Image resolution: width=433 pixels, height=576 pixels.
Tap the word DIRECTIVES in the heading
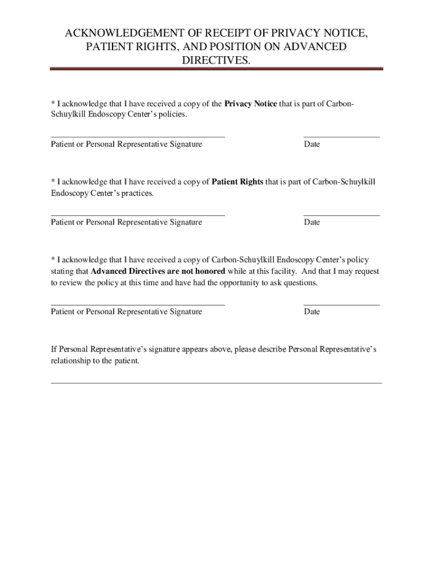(215, 60)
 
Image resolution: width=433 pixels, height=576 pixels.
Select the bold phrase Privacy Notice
(250, 103)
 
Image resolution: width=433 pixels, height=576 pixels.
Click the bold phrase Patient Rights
(237, 182)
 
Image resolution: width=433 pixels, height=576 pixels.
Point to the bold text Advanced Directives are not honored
(158, 271)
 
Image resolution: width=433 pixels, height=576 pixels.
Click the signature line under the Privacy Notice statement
(138, 136)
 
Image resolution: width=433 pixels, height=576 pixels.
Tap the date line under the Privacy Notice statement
(341, 136)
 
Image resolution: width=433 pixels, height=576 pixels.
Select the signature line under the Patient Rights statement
(138, 215)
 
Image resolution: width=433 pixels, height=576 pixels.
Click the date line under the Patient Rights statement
(341, 215)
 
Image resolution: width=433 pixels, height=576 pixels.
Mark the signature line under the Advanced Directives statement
(138, 304)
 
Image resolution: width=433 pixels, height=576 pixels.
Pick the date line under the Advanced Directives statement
(341, 304)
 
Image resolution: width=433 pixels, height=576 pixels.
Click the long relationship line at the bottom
(216, 383)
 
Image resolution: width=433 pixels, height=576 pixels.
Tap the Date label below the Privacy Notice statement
(312, 145)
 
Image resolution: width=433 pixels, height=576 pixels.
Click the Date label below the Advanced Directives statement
(312, 312)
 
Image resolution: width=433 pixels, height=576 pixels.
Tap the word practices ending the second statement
(136, 193)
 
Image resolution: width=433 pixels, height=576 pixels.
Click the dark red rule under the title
(216, 69)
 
